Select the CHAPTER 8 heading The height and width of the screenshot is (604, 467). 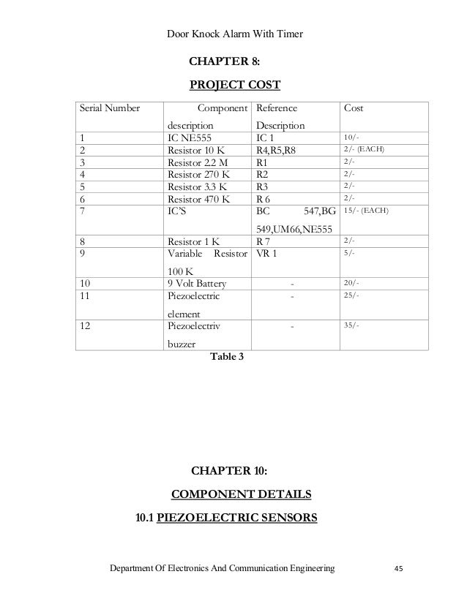pyautogui.click(x=229, y=60)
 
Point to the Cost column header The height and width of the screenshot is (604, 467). pyautogui.click(x=354, y=108)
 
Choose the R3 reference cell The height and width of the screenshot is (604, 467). pyautogui.click(x=263, y=186)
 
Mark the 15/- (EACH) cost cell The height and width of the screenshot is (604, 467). pyautogui.click(x=365, y=211)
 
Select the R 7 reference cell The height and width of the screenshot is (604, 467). pyautogui.click(x=264, y=240)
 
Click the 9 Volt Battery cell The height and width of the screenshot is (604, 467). pyautogui.click(x=197, y=284)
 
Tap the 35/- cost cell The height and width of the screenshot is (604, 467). pyautogui.click(x=351, y=325)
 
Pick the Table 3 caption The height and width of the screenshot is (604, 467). pyautogui.click(x=228, y=357)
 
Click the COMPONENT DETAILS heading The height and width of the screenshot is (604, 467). pyautogui.click(x=241, y=494)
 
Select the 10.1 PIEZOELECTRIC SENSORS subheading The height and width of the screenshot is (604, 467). pyautogui.click(x=226, y=518)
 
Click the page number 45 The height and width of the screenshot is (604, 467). pyautogui.click(x=399, y=568)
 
